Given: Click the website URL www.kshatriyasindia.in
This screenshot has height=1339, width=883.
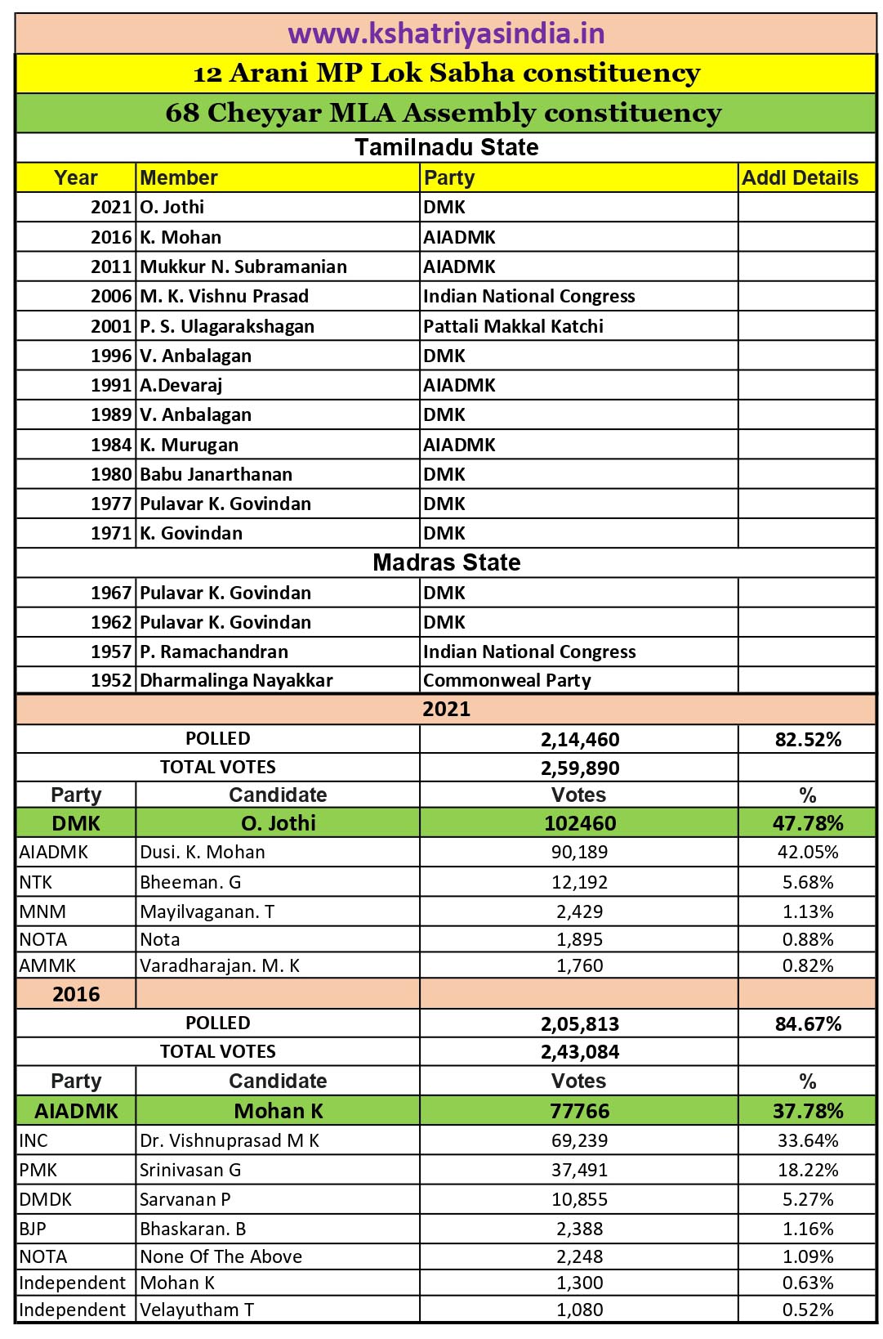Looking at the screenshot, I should [446, 34].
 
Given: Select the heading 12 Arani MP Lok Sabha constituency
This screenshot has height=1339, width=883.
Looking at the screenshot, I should [446, 73].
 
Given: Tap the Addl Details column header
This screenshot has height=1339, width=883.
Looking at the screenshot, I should [800, 177].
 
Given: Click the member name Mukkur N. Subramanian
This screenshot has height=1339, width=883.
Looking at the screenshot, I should [243, 266].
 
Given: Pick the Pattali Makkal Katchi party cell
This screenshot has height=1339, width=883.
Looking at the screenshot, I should [513, 326].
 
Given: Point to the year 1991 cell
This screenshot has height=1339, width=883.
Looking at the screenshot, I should [111, 385].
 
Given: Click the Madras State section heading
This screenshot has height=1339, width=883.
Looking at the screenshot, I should [446, 562].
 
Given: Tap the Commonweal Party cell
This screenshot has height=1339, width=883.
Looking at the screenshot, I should [506, 680].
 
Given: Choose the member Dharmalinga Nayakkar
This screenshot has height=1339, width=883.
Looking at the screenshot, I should [236, 680].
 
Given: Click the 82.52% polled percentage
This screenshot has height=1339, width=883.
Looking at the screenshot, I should [807, 739].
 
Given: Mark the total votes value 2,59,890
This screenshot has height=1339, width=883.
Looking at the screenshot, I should [579, 768].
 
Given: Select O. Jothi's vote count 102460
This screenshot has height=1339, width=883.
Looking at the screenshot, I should [579, 823].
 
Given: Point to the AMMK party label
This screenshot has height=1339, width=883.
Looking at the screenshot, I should [47, 965].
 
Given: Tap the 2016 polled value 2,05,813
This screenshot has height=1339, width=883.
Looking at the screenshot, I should [579, 1023].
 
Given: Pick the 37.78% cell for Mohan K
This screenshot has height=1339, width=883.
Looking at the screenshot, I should [807, 1111].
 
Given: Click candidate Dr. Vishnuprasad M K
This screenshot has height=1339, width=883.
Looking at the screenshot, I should [230, 1140].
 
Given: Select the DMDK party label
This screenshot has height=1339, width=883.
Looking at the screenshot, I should [46, 1199].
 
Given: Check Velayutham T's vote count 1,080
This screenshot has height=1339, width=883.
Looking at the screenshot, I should [579, 1310].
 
